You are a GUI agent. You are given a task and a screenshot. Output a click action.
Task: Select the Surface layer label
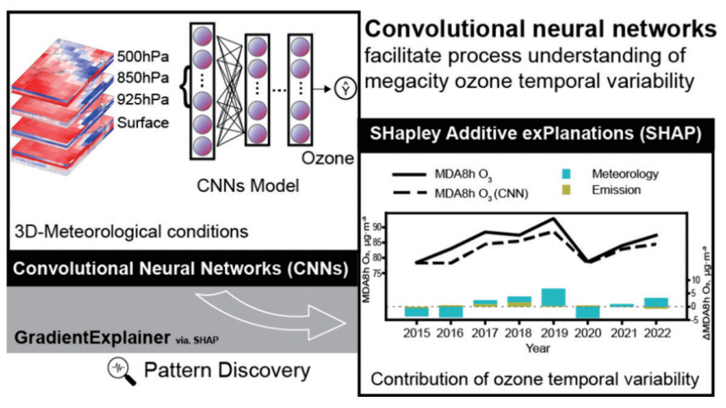[x=139, y=124]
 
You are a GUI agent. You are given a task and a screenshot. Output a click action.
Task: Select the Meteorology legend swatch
[x=564, y=174]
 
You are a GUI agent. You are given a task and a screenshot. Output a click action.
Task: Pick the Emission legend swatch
[x=564, y=190]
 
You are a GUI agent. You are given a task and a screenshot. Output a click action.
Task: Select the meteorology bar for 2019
[x=553, y=296]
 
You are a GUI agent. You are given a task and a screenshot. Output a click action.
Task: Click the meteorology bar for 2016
[x=449, y=312]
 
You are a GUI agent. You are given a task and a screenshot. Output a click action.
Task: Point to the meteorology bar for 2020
[x=587, y=313]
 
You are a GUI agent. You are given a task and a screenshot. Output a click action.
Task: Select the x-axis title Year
[x=535, y=347]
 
